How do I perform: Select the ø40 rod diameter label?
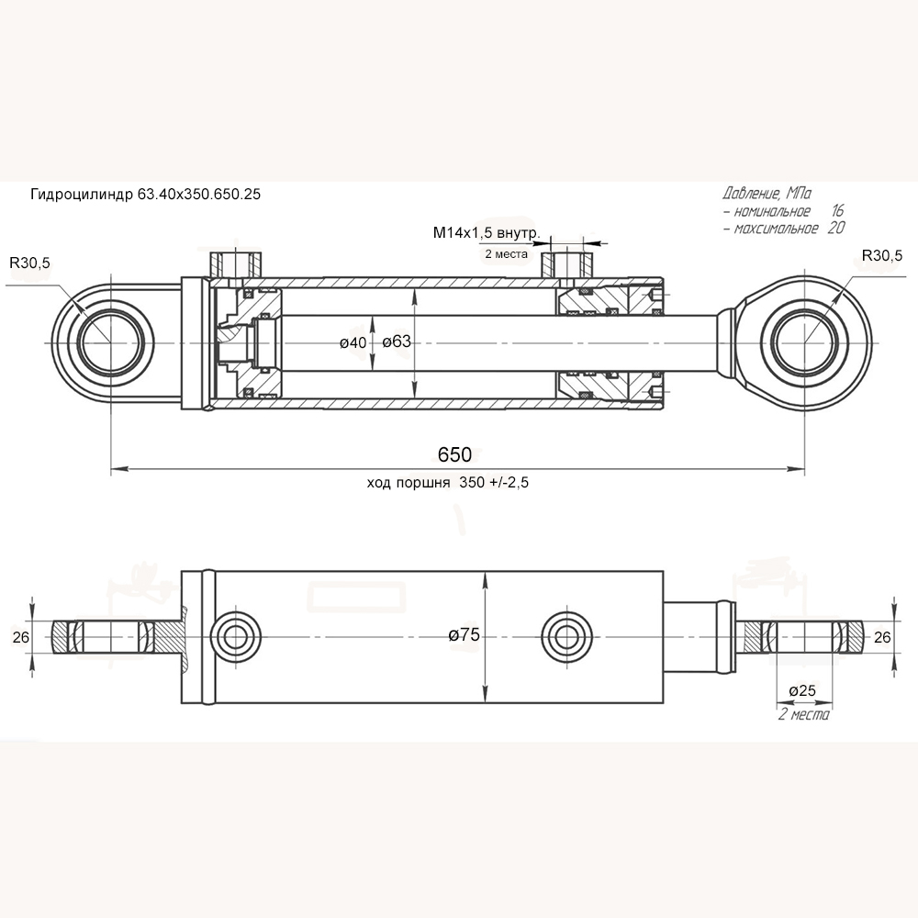(x=353, y=342)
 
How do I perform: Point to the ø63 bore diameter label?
(x=396, y=342)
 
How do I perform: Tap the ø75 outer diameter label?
(x=465, y=634)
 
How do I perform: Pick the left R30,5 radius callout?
(x=30, y=263)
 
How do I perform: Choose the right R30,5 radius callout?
(x=882, y=255)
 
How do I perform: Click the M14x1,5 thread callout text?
(x=486, y=233)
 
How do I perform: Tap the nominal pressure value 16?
(x=836, y=211)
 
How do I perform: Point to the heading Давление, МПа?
(x=767, y=194)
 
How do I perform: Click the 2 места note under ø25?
(x=803, y=714)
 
